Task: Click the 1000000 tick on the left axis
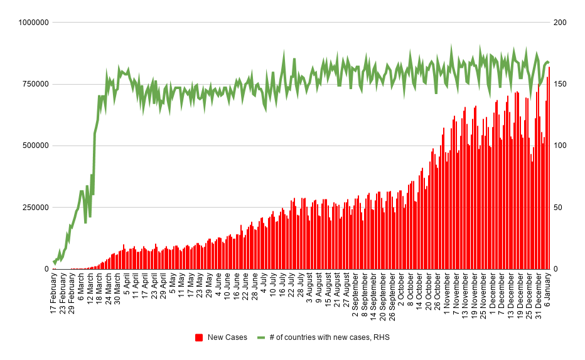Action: click(x=33, y=23)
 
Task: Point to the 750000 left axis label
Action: click(x=35, y=84)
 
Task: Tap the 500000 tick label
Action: click(x=35, y=146)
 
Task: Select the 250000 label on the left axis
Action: click(x=35, y=208)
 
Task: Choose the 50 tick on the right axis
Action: click(x=557, y=208)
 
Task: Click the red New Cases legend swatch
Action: click(x=199, y=337)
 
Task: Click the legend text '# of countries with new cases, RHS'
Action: click(x=330, y=337)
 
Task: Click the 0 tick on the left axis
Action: click(x=46, y=269)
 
